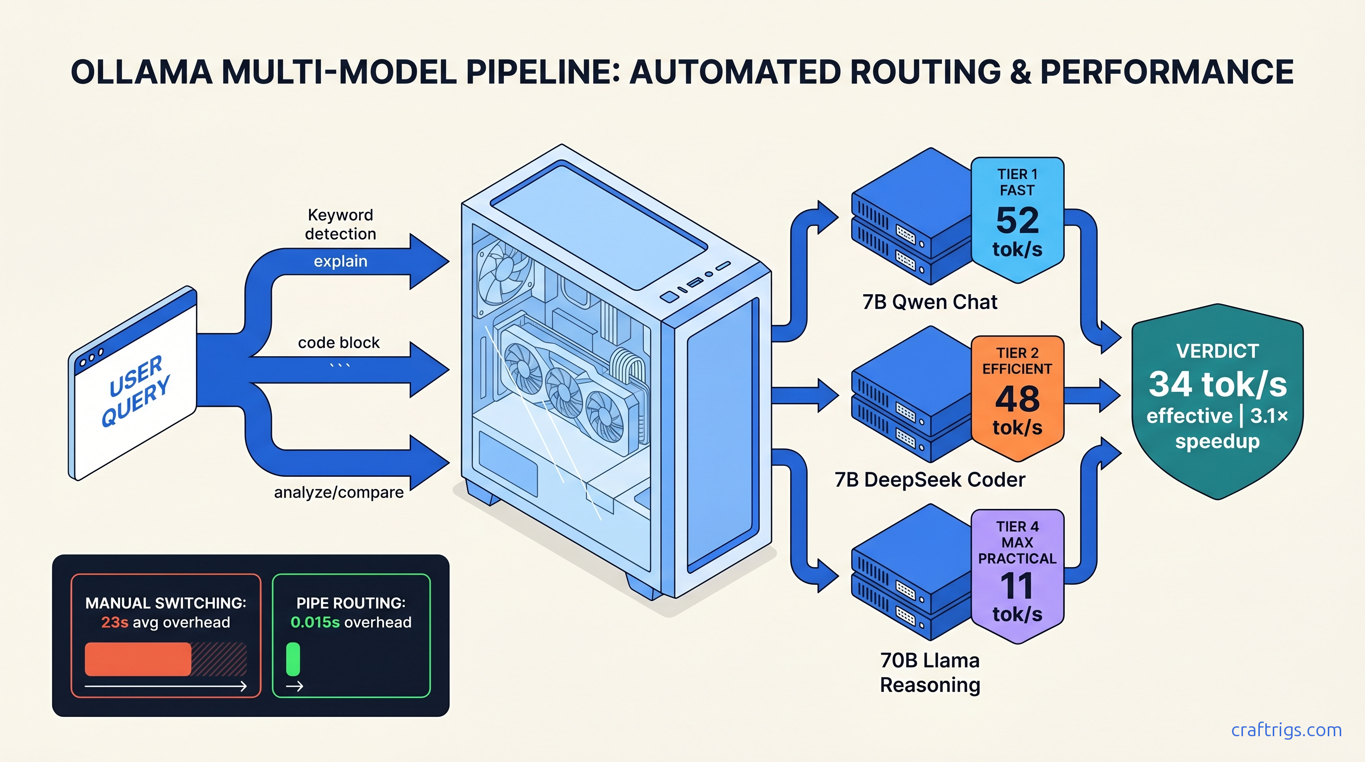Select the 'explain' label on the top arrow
coord(340,261)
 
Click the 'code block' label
coord(339,343)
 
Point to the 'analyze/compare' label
coord(339,492)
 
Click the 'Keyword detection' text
coord(340,224)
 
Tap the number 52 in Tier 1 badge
coord(1017,220)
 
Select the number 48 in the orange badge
coord(1017,398)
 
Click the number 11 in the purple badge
coord(1017,585)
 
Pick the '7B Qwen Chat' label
coord(930,302)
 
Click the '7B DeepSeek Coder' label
coord(930,480)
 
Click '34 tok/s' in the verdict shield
coord(1217,384)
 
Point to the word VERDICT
coord(1217,351)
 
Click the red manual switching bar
coord(138,659)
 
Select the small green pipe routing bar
coord(293,659)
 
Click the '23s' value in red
coord(115,622)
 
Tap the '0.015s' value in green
coord(315,622)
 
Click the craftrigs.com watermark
coord(1286,730)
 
